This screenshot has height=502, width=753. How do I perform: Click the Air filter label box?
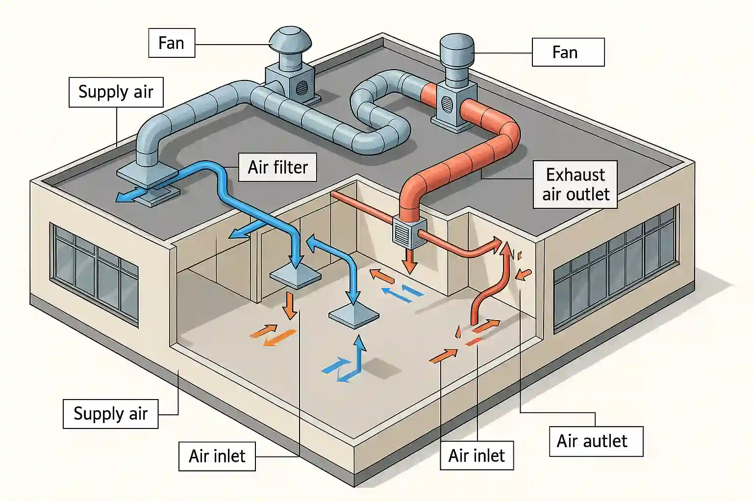[x=277, y=167]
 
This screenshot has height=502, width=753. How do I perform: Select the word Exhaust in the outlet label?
[x=576, y=175]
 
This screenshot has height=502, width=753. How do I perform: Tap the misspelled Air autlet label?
[x=596, y=441]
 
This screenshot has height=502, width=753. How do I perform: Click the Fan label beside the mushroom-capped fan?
[x=172, y=43]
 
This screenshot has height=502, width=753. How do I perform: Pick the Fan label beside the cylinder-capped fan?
[x=568, y=52]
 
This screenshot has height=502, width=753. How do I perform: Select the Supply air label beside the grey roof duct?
[x=116, y=92]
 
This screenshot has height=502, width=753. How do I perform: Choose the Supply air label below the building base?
[x=110, y=414]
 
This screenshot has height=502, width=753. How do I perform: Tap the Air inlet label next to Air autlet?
[x=477, y=456]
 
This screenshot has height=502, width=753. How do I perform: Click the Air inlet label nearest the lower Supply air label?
[x=217, y=456]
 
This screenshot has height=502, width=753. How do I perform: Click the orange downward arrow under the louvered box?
[x=410, y=262]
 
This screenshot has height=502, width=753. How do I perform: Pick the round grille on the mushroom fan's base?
[x=302, y=87]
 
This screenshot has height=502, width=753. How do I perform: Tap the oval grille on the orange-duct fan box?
[x=447, y=104]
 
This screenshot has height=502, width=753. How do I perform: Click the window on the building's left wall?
[x=94, y=275]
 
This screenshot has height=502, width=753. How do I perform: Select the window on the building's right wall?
[x=615, y=270]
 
